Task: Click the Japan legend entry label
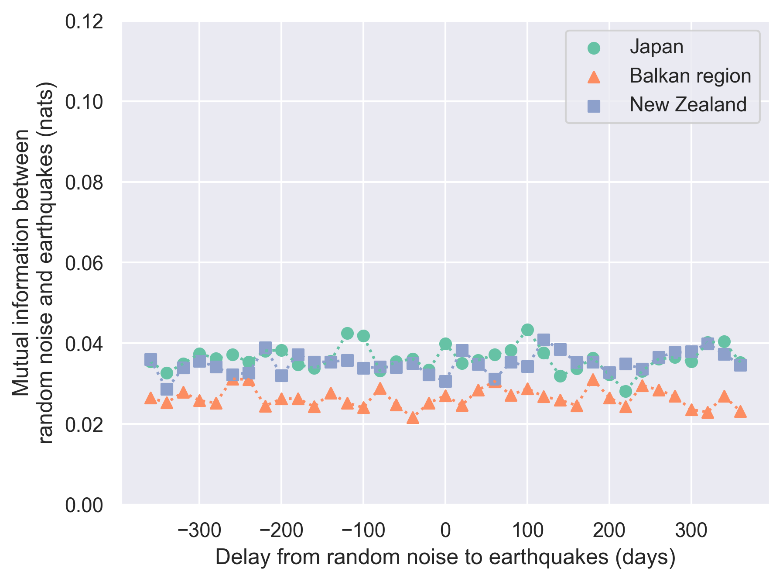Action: coord(656,47)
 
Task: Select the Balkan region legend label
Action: coord(690,76)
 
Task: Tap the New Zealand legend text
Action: coord(687,105)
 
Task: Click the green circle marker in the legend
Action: coord(594,48)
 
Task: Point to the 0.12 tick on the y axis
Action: coord(84,21)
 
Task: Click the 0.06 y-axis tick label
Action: coord(84,263)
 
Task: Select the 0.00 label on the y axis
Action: coord(84,506)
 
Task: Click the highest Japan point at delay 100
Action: coord(527,330)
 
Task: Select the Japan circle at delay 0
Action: coord(445,344)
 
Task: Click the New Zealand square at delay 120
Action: coord(544,340)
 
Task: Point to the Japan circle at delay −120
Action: coord(347,334)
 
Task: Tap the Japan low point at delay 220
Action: coord(626,391)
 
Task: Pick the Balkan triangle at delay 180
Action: coord(593,380)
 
